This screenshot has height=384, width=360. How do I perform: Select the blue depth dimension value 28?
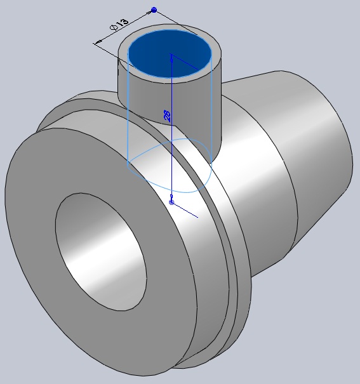167,116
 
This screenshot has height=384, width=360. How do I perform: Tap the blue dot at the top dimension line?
154,10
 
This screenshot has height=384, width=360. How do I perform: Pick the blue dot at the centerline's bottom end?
171,202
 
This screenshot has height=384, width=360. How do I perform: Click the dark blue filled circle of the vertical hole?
170,53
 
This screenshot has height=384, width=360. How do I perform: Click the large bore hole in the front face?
101,252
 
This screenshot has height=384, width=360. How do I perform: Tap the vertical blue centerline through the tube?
171,128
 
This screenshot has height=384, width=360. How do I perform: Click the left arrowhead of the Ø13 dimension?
98,43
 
